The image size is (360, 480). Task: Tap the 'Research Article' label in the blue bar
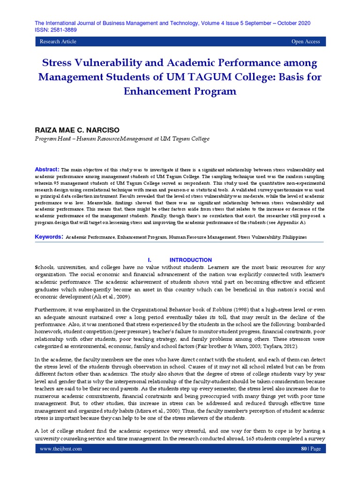(58, 42)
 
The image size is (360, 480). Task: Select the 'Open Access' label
(306, 42)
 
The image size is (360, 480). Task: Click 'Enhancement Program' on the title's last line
(180, 91)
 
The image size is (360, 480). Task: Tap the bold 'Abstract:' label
(47, 169)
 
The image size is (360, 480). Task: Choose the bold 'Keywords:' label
(49, 237)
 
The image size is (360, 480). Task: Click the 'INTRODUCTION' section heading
(190, 260)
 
